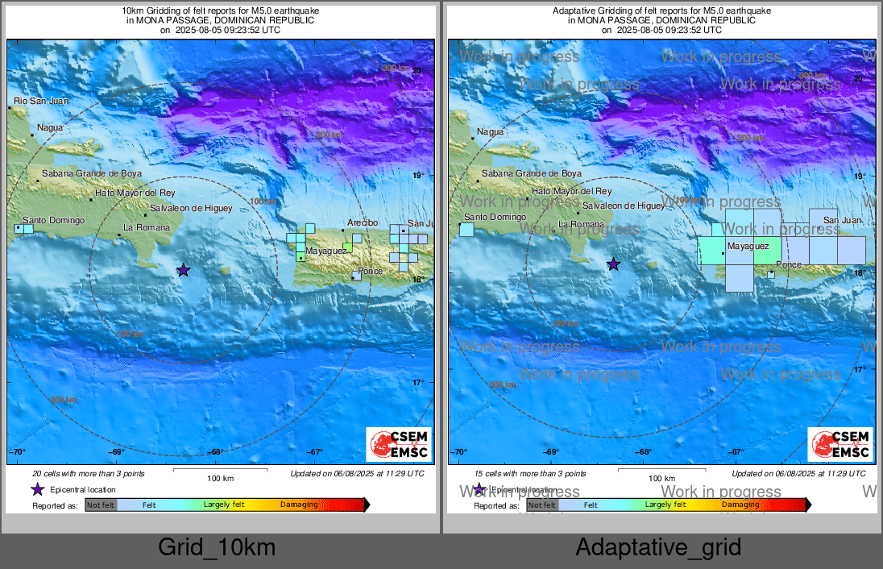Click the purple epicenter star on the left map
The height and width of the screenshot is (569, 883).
[x=184, y=270]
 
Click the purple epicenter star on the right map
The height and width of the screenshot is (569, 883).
[x=614, y=264]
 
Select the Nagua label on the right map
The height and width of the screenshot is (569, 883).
[x=490, y=131]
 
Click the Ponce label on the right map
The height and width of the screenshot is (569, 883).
[x=789, y=265]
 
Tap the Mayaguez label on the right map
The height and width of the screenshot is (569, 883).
[x=748, y=246]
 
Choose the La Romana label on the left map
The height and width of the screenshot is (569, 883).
[x=147, y=227]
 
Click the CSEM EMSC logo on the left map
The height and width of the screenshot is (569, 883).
[x=399, y=445]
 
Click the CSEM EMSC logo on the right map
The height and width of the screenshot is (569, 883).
[x=840, y=445]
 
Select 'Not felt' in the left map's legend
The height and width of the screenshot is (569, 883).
[x=101, y=505]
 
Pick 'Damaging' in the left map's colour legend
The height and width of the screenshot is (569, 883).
[x=298, y=505]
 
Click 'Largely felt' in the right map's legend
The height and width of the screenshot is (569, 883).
[x=665, y=505]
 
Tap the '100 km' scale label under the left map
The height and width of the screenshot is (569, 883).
[x=220, y=478]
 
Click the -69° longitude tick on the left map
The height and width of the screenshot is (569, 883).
[x=117, y=452]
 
